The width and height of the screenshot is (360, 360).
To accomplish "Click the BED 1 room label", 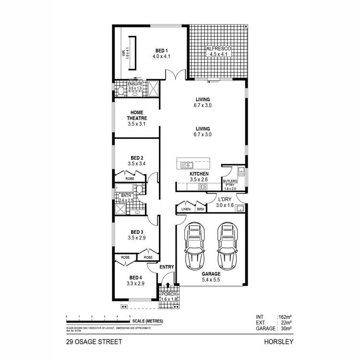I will (x=161, y=50).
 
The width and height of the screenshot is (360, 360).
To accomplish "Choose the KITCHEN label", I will (x=199, y=173).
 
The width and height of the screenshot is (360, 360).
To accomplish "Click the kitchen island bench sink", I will (x=185, y=166).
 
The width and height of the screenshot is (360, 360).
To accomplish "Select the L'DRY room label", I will (x=225, y=199).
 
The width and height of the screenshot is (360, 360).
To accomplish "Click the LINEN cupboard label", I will (x=185, y=209).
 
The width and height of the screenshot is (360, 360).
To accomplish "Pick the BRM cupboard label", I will (x=200, y=209).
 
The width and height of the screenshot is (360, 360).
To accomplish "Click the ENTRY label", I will (x=166, y=267).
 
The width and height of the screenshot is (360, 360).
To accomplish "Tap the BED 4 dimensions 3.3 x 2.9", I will (x=136, y=284).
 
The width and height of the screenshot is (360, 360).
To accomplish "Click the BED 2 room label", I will (x=136, y=158).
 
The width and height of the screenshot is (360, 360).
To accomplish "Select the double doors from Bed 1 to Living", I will (x=174, y=75).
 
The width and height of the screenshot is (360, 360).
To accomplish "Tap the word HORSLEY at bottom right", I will (x=278, y=342).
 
